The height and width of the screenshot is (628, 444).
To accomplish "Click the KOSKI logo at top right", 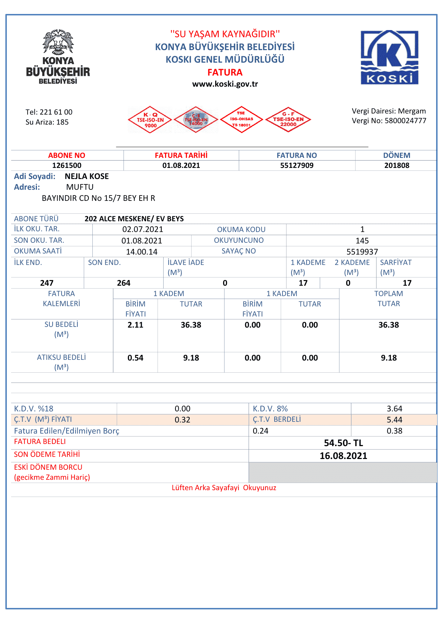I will pos(389,57).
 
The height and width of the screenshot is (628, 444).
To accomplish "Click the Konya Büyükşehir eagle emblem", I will pos(58,42).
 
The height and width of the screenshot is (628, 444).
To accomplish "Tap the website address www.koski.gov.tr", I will pos(225,84).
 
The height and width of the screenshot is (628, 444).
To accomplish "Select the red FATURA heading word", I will pos(225,72).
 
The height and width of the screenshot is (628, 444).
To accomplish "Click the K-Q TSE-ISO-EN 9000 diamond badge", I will pos(150,120).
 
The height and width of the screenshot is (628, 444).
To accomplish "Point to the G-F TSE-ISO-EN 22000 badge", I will pos(288,120).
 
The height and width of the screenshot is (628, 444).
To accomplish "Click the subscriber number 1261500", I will pos(67,165).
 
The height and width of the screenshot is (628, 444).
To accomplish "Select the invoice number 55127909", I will pos(296,165).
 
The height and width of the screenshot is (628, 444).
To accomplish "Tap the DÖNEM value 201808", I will pos(397,165).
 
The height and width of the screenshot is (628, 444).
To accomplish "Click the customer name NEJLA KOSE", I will pos(87,176).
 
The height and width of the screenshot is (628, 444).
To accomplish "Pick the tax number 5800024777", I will pos(405,121).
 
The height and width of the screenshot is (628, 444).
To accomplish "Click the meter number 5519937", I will pos(362,252).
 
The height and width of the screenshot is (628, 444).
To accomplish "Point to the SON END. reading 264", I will pos(124,283).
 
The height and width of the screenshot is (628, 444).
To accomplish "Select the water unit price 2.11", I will pos(135,325).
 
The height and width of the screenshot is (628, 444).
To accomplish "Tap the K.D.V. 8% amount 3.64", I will pos(394,409).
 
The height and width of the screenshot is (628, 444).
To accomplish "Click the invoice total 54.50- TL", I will pos(343,443).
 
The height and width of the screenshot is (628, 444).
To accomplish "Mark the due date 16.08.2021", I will pos(343,456).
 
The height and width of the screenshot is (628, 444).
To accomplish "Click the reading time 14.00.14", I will pos(141,252).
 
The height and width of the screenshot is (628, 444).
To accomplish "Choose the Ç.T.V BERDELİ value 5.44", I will pos(394,420).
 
